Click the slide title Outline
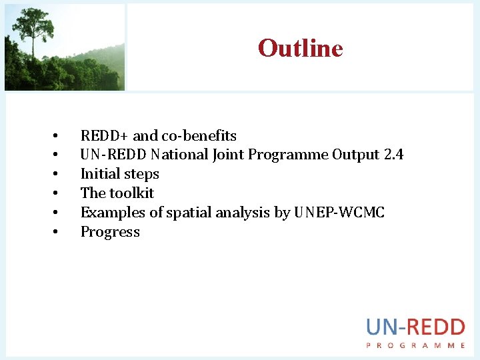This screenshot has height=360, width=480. pyautogui.click(x=300, y=48)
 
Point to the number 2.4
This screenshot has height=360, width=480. pyautogui.click(x=393, y=155)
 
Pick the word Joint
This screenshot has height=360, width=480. pyautogui.click(x=229, y=155)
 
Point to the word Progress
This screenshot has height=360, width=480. pyautogui.click(x=110, y=232)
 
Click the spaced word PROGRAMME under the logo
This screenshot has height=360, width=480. pyautogui.click(x=415, y=345)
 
